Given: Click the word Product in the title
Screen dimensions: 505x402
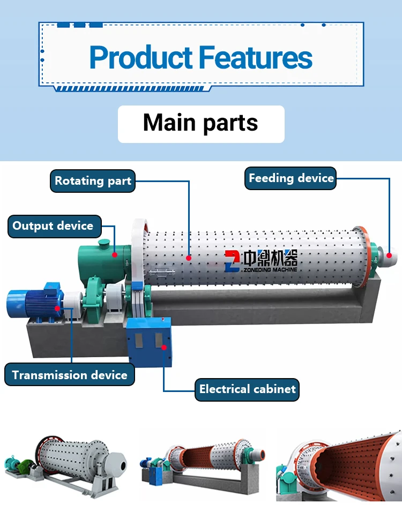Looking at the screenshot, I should pyautogui.click(x=140, y=57).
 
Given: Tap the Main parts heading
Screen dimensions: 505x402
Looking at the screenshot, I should pyautogui.click(x=200, y=123).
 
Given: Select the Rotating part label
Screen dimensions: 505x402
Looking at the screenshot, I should pyautogui.click(x=93, y=181).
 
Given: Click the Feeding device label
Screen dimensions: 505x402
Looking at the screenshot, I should pyautogui.click(x=291, y=178).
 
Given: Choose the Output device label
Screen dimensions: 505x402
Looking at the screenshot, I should pyautogui.click(x=53, y=225).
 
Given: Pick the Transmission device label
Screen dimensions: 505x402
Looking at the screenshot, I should pyautogui.click(x=70, y=375).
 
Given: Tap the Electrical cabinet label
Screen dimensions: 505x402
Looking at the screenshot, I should pyautogui.click(x=247, y=389).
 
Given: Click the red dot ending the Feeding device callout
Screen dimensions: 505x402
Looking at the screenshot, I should pyautogui.click(x=389, y=255).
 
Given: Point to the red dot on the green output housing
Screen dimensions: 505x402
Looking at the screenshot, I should pyautogui.click(x=115, y=255).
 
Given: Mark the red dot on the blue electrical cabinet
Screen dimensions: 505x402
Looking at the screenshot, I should pyautogui.click(x=164, y=346).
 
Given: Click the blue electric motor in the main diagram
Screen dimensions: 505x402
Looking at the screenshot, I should pyautogui.click(x=33, y=304).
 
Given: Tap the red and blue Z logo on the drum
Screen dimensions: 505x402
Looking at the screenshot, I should pyautogui.click(x=233, y=260).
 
